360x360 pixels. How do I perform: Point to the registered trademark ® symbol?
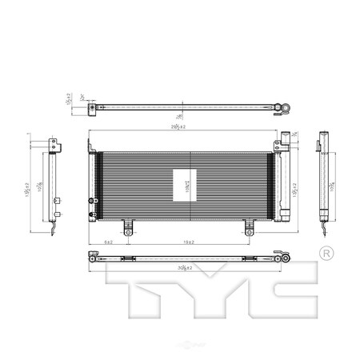326,254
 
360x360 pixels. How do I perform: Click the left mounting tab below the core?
127,227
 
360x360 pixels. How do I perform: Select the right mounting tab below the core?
248,227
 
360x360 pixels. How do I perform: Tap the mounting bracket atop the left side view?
54,146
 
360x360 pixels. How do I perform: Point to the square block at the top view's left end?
93,106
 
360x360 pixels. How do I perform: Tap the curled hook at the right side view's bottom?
323,230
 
